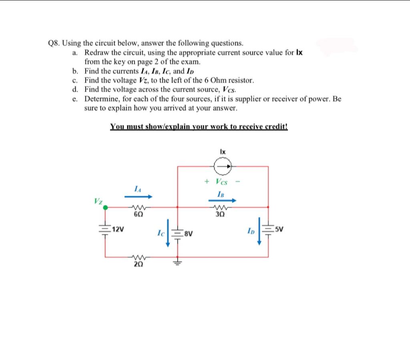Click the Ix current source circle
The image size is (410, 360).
pos(223,165)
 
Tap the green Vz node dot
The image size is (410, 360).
pos(105,208)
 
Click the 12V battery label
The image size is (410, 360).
pos(118,230)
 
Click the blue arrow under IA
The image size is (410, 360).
pos(138,196)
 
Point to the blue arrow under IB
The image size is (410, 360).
pos(222,200)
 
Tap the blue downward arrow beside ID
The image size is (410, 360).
pos(259,231)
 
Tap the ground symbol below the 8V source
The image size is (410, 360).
pos(178,263)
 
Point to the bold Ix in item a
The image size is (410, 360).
pos(299,52)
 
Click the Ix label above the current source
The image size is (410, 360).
pos(223,152)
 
